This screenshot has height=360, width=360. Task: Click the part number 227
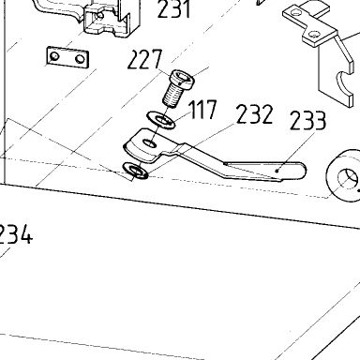(x=145, y=59)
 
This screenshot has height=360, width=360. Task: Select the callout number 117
(x=203, y=110)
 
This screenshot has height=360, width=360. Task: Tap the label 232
(x=255, y=114)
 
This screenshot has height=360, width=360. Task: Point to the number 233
(x=308, y=120)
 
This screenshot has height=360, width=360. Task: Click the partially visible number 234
(x=15, y=234)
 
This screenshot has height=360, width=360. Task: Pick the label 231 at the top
(x=174, y=8)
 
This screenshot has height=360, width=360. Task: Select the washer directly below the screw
(x=161, y=120)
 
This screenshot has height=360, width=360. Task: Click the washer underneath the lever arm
(x=136, y=171)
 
